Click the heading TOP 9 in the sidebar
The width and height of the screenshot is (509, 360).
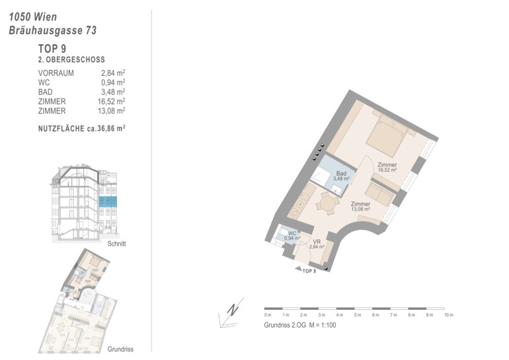[52, 49]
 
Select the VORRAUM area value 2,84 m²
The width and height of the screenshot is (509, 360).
[113, 73]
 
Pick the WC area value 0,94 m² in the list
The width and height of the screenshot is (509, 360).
[113, 83]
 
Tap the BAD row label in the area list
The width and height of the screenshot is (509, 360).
[46, 92]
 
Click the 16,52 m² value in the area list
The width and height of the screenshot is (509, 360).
[111, 102]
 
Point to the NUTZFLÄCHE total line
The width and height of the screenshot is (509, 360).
[82, 128]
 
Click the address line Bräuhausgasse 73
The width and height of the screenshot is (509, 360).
[53, 30]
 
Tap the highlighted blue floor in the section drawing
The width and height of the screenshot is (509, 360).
[108, 201]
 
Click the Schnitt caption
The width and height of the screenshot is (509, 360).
[116, 244]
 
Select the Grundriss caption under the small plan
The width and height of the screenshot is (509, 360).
[120, 349]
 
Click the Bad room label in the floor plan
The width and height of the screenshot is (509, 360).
[341, 174]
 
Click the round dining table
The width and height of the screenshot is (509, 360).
[327, 204]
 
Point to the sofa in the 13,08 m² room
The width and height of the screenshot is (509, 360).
[379, 194]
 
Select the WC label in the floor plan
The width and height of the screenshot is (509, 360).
[292, 233]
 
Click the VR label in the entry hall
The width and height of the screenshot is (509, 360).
[317, 242]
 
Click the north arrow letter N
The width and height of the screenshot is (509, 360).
[232, 310]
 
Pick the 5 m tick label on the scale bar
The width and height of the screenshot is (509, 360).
[358, 315]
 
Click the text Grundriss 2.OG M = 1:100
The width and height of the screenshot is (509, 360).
[300, 325]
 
